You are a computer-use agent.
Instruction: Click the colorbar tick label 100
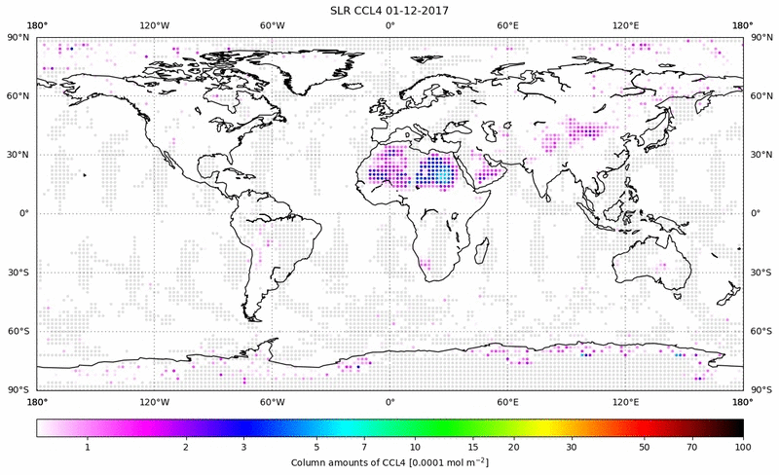(743, 446)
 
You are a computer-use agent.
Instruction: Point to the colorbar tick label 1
(88, 446)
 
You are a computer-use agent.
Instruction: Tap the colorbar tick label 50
(643, 446)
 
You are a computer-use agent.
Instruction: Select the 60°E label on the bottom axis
(507, 401)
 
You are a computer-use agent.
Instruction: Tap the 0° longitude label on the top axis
(389, 24)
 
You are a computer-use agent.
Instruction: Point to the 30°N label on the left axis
(19, 154)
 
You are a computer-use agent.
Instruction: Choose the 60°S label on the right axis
(760, 331)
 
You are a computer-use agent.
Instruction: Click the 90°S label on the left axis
(19, 389)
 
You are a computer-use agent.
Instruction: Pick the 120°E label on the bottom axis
(625, 401)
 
